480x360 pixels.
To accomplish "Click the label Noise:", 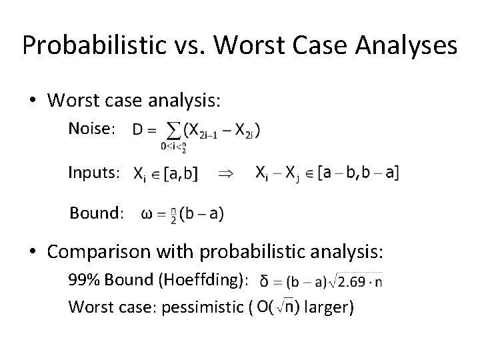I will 92,129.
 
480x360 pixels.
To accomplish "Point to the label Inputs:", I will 94,173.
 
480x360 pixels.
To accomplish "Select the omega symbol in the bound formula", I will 147,214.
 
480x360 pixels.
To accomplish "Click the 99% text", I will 82,281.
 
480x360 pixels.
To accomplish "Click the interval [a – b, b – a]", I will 359,173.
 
